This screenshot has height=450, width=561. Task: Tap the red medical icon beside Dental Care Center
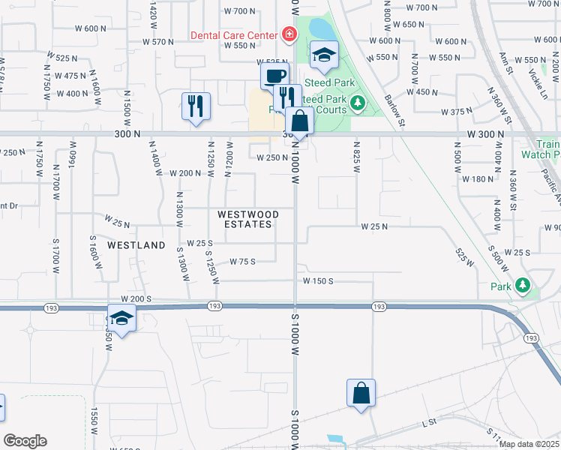pos(287,34)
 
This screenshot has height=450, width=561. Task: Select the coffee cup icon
pos(274,75)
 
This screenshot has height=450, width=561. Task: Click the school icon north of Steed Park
pos(324,55)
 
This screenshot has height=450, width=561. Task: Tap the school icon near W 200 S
pos(122,318)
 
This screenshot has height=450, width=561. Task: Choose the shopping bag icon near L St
pos(361,392)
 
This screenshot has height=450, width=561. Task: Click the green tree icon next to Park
pos(523,286)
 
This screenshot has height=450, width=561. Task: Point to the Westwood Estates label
pos(248,219)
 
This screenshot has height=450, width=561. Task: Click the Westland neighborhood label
pos(136,245)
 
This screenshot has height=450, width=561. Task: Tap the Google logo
pos(25,441)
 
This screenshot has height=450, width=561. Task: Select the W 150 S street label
pos(317,280)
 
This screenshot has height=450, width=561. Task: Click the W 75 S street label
pos(243,261)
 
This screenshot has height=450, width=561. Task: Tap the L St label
pos(429,423)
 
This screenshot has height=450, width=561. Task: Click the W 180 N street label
pos(478,179)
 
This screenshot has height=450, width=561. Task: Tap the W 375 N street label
pos(457,112)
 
